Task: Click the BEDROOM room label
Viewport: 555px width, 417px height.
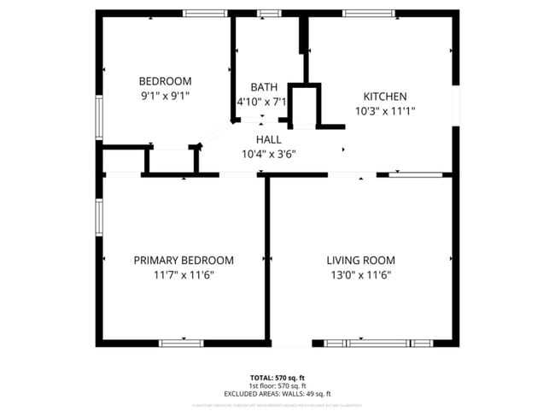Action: pyautogui.click(x=165, y=81)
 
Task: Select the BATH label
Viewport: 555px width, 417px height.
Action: pyautogui.click(x=263, y=87)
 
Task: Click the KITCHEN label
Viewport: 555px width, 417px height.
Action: pyautogui.click(x=385, y=97)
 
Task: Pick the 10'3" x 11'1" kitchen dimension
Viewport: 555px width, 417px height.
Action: pyautogui.click(x=385, y=110)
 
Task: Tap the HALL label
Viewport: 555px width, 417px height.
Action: pyautogui.click(x=268, y=139)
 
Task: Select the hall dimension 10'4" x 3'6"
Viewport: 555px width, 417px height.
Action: pyautogui.click(x=268, y=154)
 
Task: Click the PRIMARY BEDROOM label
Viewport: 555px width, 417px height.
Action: pyautogui.click(x=184, y=261)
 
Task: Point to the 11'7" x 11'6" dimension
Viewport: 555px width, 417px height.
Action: pyautogui.click(x=184, y=275)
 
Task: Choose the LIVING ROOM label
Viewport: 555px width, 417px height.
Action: pyautogui.click(x=361, y=261)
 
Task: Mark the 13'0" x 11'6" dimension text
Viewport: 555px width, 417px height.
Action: pyautogui.click(x=361, y=275)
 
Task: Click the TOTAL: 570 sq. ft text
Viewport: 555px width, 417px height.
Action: pyautogui.click(x=277, y=377)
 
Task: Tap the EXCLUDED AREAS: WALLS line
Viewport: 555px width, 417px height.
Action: pyautogui.click(x=277, y=392)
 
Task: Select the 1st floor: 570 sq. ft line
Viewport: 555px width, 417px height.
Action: pyautogui.click(x=277, y=385)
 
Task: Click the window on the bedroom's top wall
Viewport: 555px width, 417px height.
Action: pyautogui.click(x=207, y=13)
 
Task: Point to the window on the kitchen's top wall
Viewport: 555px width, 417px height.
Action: pyautogui.click(x=369, y=13)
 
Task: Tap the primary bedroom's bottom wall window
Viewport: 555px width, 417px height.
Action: pyautogui.click(x=181, y=343)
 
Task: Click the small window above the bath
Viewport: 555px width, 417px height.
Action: pyautogui.click(x=269, y=13)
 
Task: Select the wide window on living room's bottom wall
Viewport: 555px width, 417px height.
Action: pyautogui.click(x=378, y=343)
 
